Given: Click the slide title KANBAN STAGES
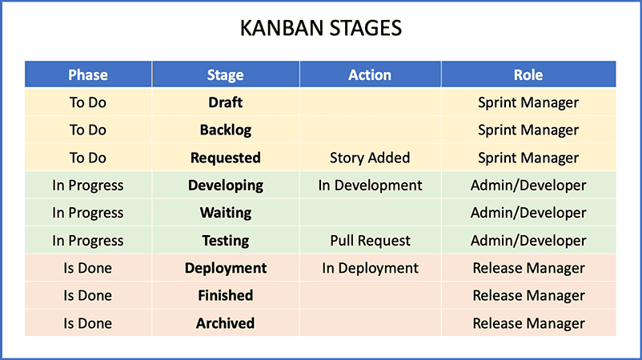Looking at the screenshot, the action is click(x=320, y=28).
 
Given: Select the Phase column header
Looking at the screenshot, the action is click(x=88, y=75).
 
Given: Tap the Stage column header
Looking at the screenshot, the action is click(x=225, y=75).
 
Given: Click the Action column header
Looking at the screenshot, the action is click(x=370, y=75).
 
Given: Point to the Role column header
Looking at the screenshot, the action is click(x=528, y=75).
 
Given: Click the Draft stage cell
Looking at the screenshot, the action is click(x=225, y=102).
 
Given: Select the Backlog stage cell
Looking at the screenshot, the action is click(x=226, y=130).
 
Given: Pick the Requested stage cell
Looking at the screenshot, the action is click(x=225, y=158).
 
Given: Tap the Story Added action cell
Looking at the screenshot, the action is click(x=370, y=158).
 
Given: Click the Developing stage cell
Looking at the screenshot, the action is click(x=226, y=186).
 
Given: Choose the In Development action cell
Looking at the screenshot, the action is click(x=370, y=186).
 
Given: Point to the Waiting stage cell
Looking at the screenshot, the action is click(x=226, y=213).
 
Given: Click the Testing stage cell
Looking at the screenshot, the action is click(x=225, y=241).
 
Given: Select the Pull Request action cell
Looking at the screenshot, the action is click(x=370, y=241).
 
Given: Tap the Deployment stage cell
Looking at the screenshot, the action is click(x=226, y=268).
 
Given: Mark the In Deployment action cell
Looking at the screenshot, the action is click(x=370, y=268).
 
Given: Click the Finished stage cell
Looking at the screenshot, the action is click(x=225, y=295).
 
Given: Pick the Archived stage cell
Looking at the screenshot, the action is click(x=225, y=323).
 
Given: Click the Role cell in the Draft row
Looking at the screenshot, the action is click(x=528, y=102).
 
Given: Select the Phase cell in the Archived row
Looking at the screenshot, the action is click(x=87, y=323).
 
